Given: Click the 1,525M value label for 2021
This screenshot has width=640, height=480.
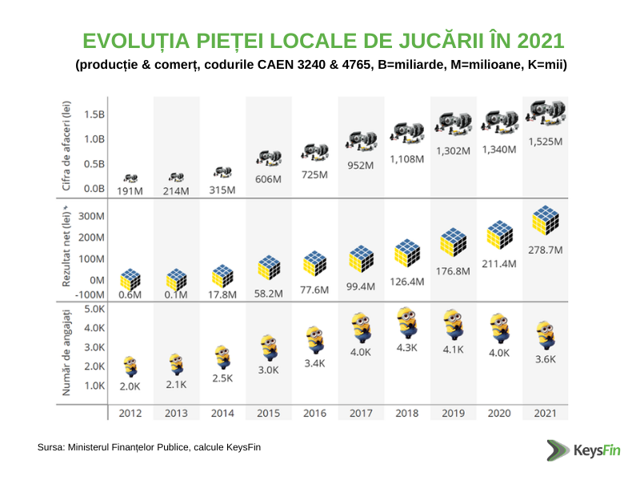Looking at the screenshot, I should point(546,142).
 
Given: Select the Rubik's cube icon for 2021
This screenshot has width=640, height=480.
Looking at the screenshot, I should point(546,222).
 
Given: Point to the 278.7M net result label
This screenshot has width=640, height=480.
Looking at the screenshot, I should point(546,250).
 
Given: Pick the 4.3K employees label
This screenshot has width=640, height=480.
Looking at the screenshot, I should point(407,348).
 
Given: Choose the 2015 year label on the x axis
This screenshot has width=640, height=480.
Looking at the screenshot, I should point(269,413).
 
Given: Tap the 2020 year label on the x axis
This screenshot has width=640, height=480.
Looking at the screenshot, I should point(499,413).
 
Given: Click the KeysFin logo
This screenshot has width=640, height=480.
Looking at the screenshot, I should point(574,450).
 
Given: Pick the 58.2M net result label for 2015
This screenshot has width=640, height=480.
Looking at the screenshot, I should point(269,294).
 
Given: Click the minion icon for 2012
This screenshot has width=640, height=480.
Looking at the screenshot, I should point(130,366).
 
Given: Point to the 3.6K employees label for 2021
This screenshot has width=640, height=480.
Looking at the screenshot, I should point(546,359).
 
